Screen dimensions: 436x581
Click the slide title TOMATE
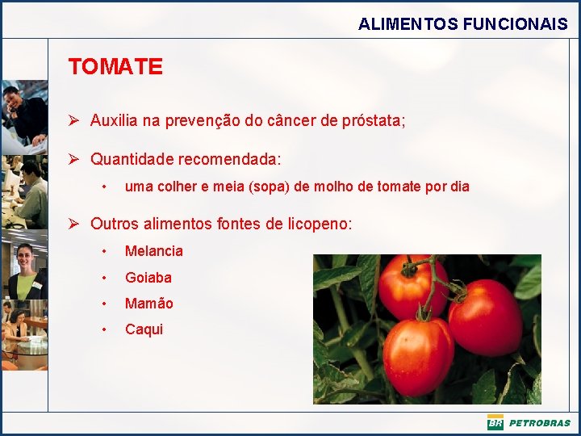[115, 66]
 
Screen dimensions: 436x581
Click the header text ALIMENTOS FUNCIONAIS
[462, 24]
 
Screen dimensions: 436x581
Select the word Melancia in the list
[153, 251]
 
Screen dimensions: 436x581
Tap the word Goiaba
[148, 277]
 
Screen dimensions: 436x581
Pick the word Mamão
[148, 303]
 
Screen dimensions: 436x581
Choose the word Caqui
[144, 329]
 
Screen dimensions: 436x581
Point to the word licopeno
[319, 224]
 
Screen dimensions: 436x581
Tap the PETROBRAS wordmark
[539, 423]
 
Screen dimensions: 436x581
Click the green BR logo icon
[495, 423]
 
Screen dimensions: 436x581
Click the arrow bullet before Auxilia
[73, 121]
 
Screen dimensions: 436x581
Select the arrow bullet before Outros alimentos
[73, 223]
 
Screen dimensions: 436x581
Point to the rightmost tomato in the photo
[485, 317]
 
